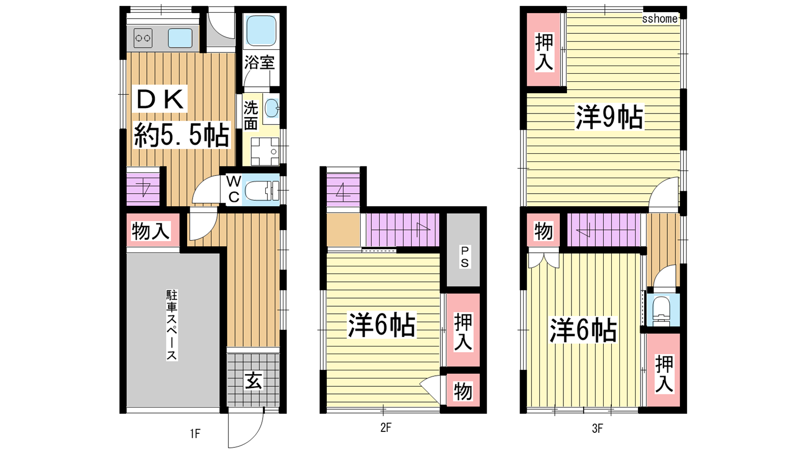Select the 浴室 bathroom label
[259, 63]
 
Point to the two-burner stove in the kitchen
[143, 38]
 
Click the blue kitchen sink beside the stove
[180, 38]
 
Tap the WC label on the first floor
[234, 189]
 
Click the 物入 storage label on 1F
[150, 231]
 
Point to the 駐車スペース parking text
[172, 325]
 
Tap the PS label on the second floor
[465, 257]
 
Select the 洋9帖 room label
[609, 117]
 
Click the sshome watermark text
[660, 18]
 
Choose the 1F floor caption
[195, 433]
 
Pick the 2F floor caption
[385, 428]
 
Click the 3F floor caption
[597, 428]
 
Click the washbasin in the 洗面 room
[272, 108]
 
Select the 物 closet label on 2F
[463, 391]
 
